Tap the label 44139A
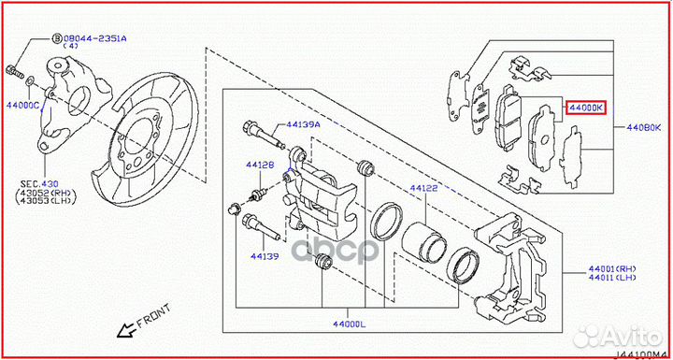click(x=303, y=123)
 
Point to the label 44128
click(x=260, y=166)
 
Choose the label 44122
click(x=422, y=188)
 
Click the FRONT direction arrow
click(x=121, y=328)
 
